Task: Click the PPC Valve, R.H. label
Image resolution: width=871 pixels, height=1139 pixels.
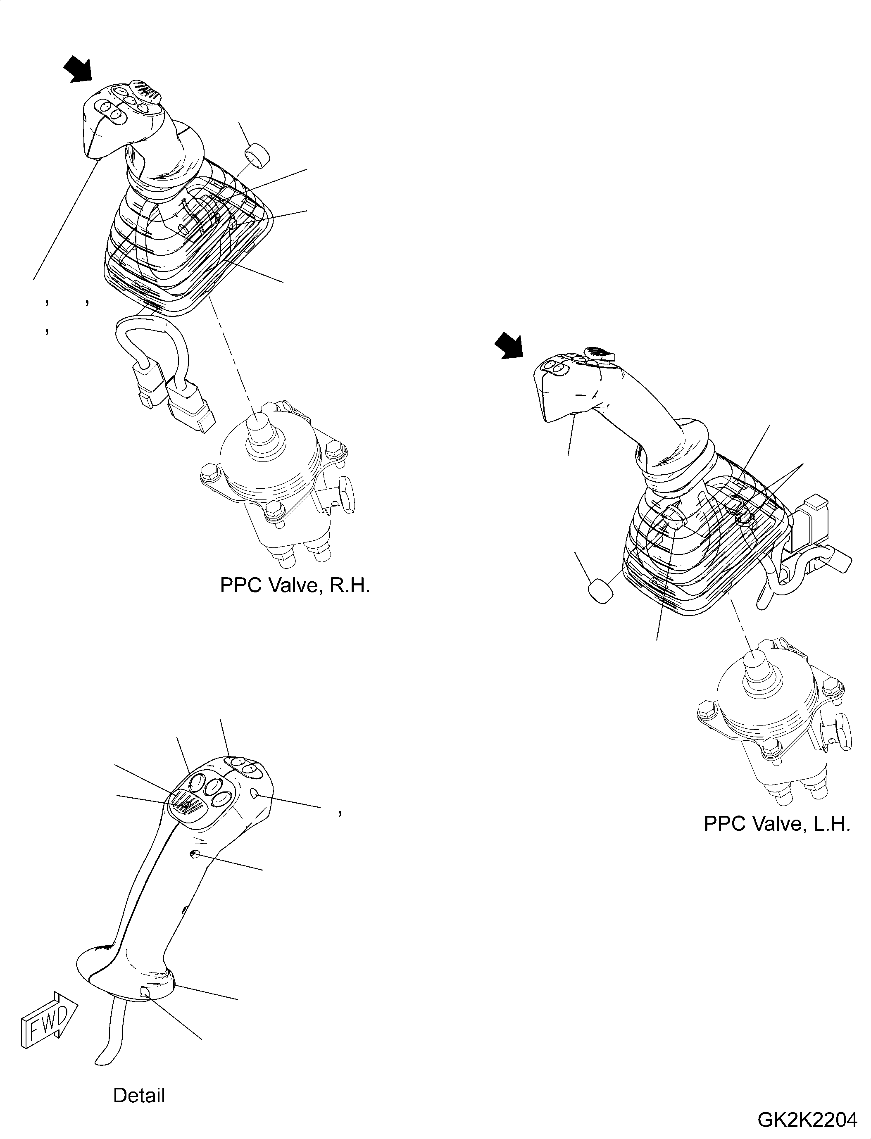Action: tap(295, 585)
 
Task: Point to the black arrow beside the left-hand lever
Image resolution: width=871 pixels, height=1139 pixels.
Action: tap(509, 346)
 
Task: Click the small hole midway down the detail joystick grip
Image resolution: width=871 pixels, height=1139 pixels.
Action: tap(195, 854)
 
